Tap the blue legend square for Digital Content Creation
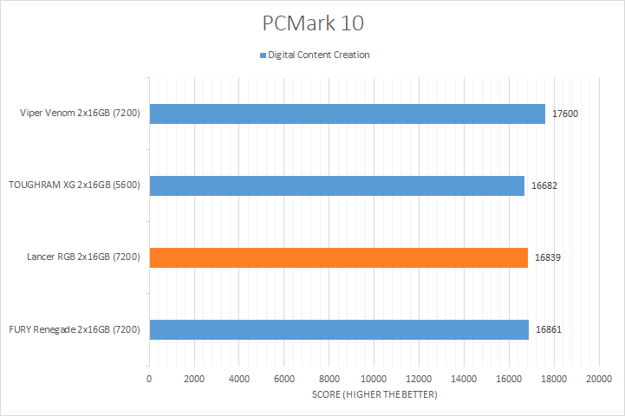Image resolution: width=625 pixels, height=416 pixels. point(263,55)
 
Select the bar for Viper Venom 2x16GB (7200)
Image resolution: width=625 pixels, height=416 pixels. point(347,114)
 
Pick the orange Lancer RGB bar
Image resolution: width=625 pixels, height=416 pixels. point(338,257)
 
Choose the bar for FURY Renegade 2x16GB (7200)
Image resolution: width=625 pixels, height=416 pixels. point(339,329)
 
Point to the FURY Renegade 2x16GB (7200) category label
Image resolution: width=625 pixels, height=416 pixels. point(75,329)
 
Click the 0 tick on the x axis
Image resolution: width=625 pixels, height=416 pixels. point(149,379)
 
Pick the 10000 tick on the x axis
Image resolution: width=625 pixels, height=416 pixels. point(374,379)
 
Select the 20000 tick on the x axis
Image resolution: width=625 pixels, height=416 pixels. point(598,379)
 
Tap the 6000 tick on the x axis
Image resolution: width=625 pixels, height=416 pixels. point(283,379)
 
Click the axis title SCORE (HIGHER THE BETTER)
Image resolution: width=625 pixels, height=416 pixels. point(374,395)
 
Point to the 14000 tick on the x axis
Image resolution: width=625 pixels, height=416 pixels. point(464,379)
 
